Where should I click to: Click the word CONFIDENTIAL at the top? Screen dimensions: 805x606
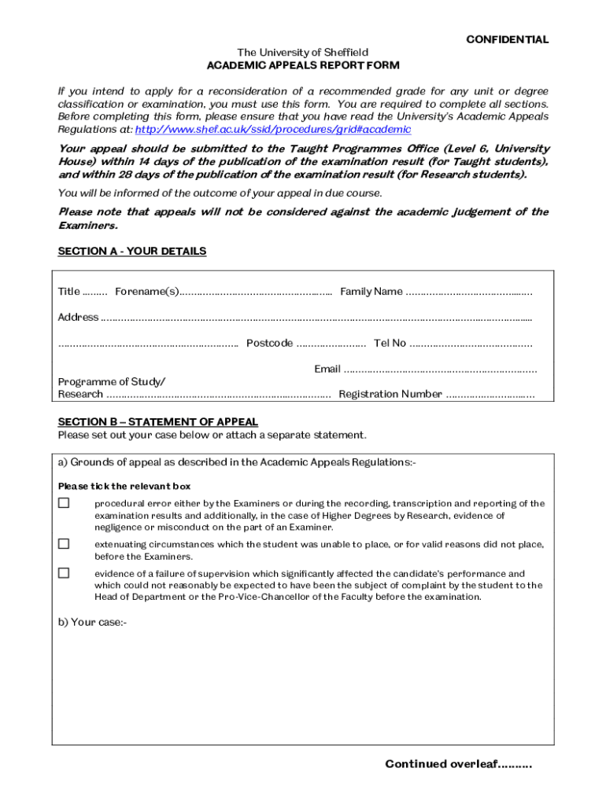(507, 39)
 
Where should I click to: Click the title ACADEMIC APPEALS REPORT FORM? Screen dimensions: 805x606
(303, 65)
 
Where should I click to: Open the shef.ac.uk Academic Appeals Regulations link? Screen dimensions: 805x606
(273, 130)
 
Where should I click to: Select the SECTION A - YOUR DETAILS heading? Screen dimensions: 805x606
(132, 251)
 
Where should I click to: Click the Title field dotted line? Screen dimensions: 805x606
(95, 292)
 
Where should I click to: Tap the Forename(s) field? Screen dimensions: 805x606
(256, 292)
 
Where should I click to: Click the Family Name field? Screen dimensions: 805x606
(469, 292)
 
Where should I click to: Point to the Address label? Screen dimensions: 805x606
(78, 318)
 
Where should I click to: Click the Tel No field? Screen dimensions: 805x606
(471, 344)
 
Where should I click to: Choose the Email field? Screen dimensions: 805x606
(441, 369)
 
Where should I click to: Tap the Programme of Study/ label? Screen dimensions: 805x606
(112, 382)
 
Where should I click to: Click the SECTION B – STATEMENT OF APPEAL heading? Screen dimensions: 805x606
(158, 422)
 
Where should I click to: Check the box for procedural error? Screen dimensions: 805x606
(64, 503)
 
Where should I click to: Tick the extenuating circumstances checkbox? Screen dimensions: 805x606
(64, 544)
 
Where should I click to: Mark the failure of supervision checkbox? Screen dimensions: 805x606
(64, 573)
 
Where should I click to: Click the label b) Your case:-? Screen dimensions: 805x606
(92, 622)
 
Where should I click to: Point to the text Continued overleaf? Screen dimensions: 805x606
(458, 764)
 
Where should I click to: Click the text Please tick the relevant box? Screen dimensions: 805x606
(124, 487)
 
